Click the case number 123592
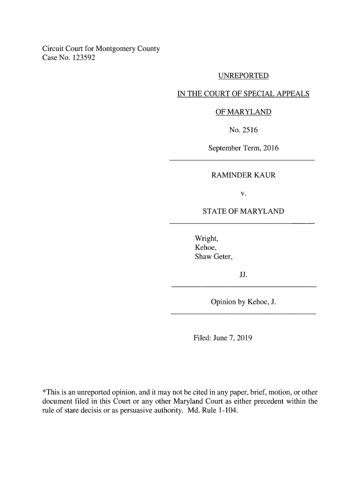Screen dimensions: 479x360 point(85,58)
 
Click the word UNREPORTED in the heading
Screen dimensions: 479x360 point(243,76)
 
